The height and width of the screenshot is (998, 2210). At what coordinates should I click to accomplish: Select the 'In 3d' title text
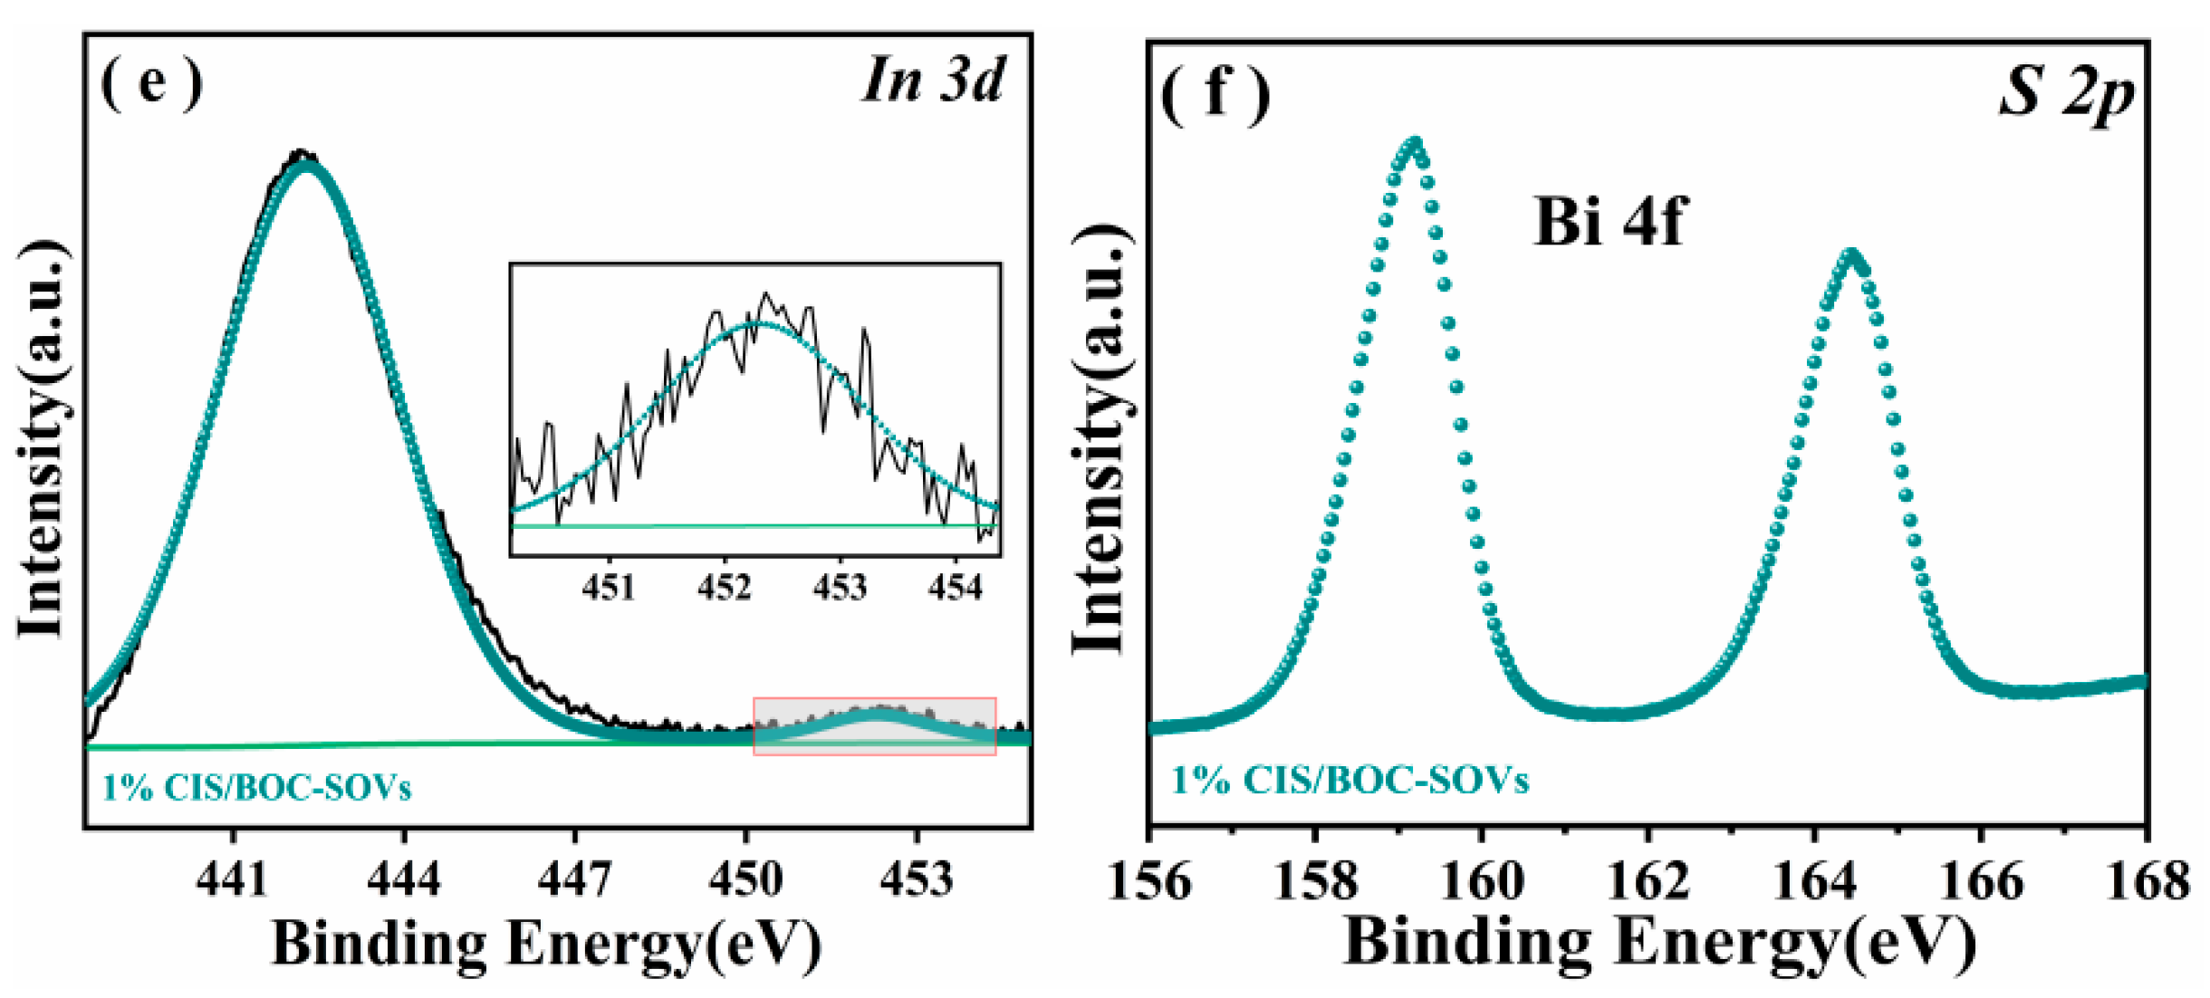(933, 80)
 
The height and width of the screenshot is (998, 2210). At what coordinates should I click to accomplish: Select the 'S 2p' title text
(2067, 93)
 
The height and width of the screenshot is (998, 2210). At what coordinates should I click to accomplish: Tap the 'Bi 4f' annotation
(1609, 222)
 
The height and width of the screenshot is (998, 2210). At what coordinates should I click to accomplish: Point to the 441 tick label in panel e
(233, 878)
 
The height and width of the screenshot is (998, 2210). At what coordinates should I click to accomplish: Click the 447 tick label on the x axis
(574, 878)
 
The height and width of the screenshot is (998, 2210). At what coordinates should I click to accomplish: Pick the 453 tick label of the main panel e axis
(916, 878)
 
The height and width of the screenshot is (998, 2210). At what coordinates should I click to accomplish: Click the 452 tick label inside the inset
(724, 588)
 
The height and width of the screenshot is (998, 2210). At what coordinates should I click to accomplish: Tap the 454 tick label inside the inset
(955, 588)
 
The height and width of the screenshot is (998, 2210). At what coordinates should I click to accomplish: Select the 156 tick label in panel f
(1149, 880)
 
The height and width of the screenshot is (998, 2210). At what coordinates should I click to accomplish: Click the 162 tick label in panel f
(1648, 880)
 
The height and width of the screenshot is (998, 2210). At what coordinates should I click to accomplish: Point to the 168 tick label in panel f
(2148, 880)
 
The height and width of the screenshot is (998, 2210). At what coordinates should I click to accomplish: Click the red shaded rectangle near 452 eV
(875, 725)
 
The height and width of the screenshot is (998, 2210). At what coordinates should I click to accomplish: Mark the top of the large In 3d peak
(306, 163)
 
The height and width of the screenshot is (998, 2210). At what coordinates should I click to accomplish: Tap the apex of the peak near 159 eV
(1414, 142)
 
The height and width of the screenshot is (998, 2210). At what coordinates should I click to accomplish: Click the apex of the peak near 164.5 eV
(1851, 254)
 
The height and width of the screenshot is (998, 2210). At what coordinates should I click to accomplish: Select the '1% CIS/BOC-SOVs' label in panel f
(1350, 780)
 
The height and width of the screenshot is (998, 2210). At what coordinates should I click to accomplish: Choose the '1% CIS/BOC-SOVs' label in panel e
(256, 787)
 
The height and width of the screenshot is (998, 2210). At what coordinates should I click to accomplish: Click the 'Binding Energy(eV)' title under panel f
(1659, 942)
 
